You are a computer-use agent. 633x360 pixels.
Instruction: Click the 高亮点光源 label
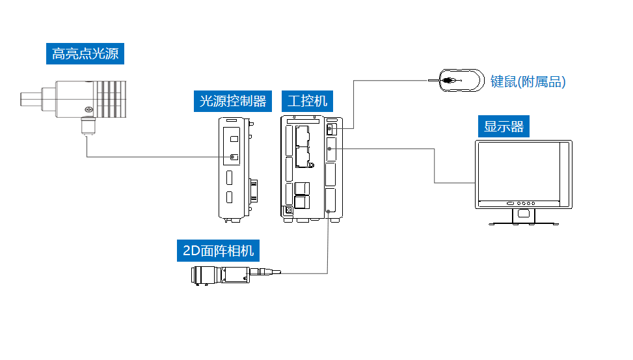(85, 53)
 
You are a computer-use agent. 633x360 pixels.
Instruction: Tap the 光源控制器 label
(232, 101)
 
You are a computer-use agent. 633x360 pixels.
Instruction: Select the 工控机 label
(308, 101)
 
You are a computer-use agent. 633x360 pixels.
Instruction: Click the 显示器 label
(504, 126)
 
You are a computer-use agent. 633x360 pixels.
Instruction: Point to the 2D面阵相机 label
(219, 250)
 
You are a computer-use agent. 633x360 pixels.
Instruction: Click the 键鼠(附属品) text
(528, 82)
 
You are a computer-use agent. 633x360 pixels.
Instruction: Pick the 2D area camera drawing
(221, 274)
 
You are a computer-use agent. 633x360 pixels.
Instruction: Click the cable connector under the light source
(87, 126)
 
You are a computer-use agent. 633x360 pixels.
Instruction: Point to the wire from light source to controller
(156, 157)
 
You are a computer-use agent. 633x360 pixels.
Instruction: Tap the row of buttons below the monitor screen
(524, 202)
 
